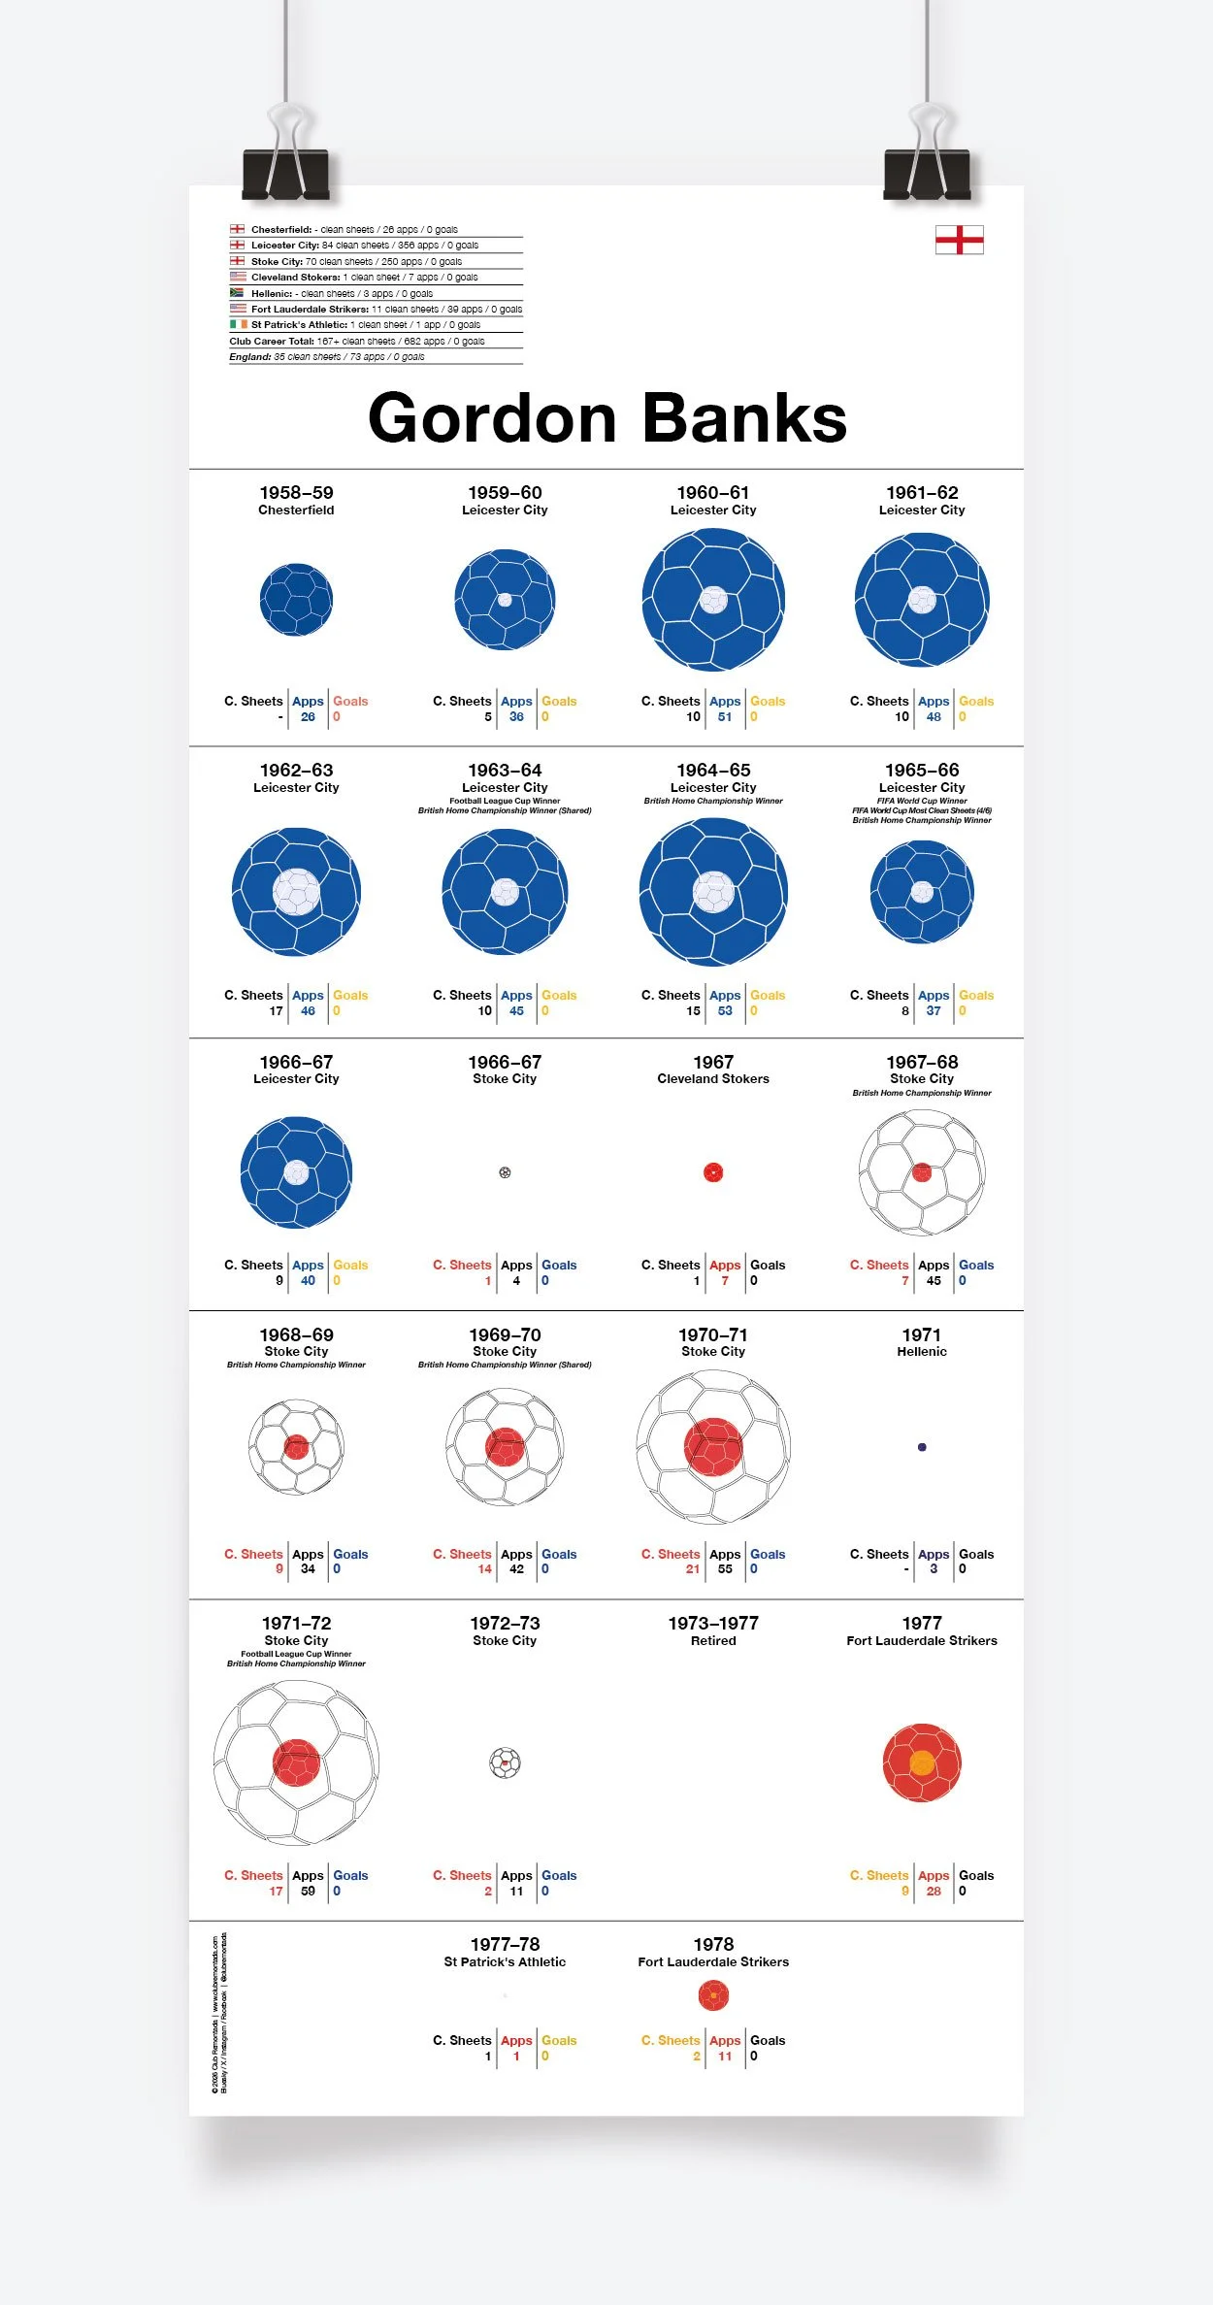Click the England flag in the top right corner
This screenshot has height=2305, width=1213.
959,240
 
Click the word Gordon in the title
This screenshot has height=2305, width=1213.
492,419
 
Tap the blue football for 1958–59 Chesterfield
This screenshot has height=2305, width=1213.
296,600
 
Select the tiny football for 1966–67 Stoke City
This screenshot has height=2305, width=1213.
505,1172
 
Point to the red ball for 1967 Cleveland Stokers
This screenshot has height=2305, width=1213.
713,1172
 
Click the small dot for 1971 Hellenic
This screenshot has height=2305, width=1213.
922,1447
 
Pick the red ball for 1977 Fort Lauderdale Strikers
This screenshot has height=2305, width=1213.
922,1762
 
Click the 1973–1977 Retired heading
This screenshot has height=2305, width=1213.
713,1630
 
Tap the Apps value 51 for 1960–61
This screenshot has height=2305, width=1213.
725,717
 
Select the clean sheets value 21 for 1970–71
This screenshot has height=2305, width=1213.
692,1568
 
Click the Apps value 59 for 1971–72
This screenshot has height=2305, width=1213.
308,1891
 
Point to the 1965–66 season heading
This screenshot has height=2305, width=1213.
922,771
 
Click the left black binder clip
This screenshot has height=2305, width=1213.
285,173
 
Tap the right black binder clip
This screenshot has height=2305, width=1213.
927,173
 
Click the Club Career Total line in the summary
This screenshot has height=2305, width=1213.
357,342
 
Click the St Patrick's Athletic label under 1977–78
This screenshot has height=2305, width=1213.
505,1961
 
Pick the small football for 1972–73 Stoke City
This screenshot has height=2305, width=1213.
505,1762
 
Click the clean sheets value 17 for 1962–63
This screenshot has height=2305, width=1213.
276,1011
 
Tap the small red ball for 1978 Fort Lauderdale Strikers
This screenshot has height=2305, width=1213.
713,1995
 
